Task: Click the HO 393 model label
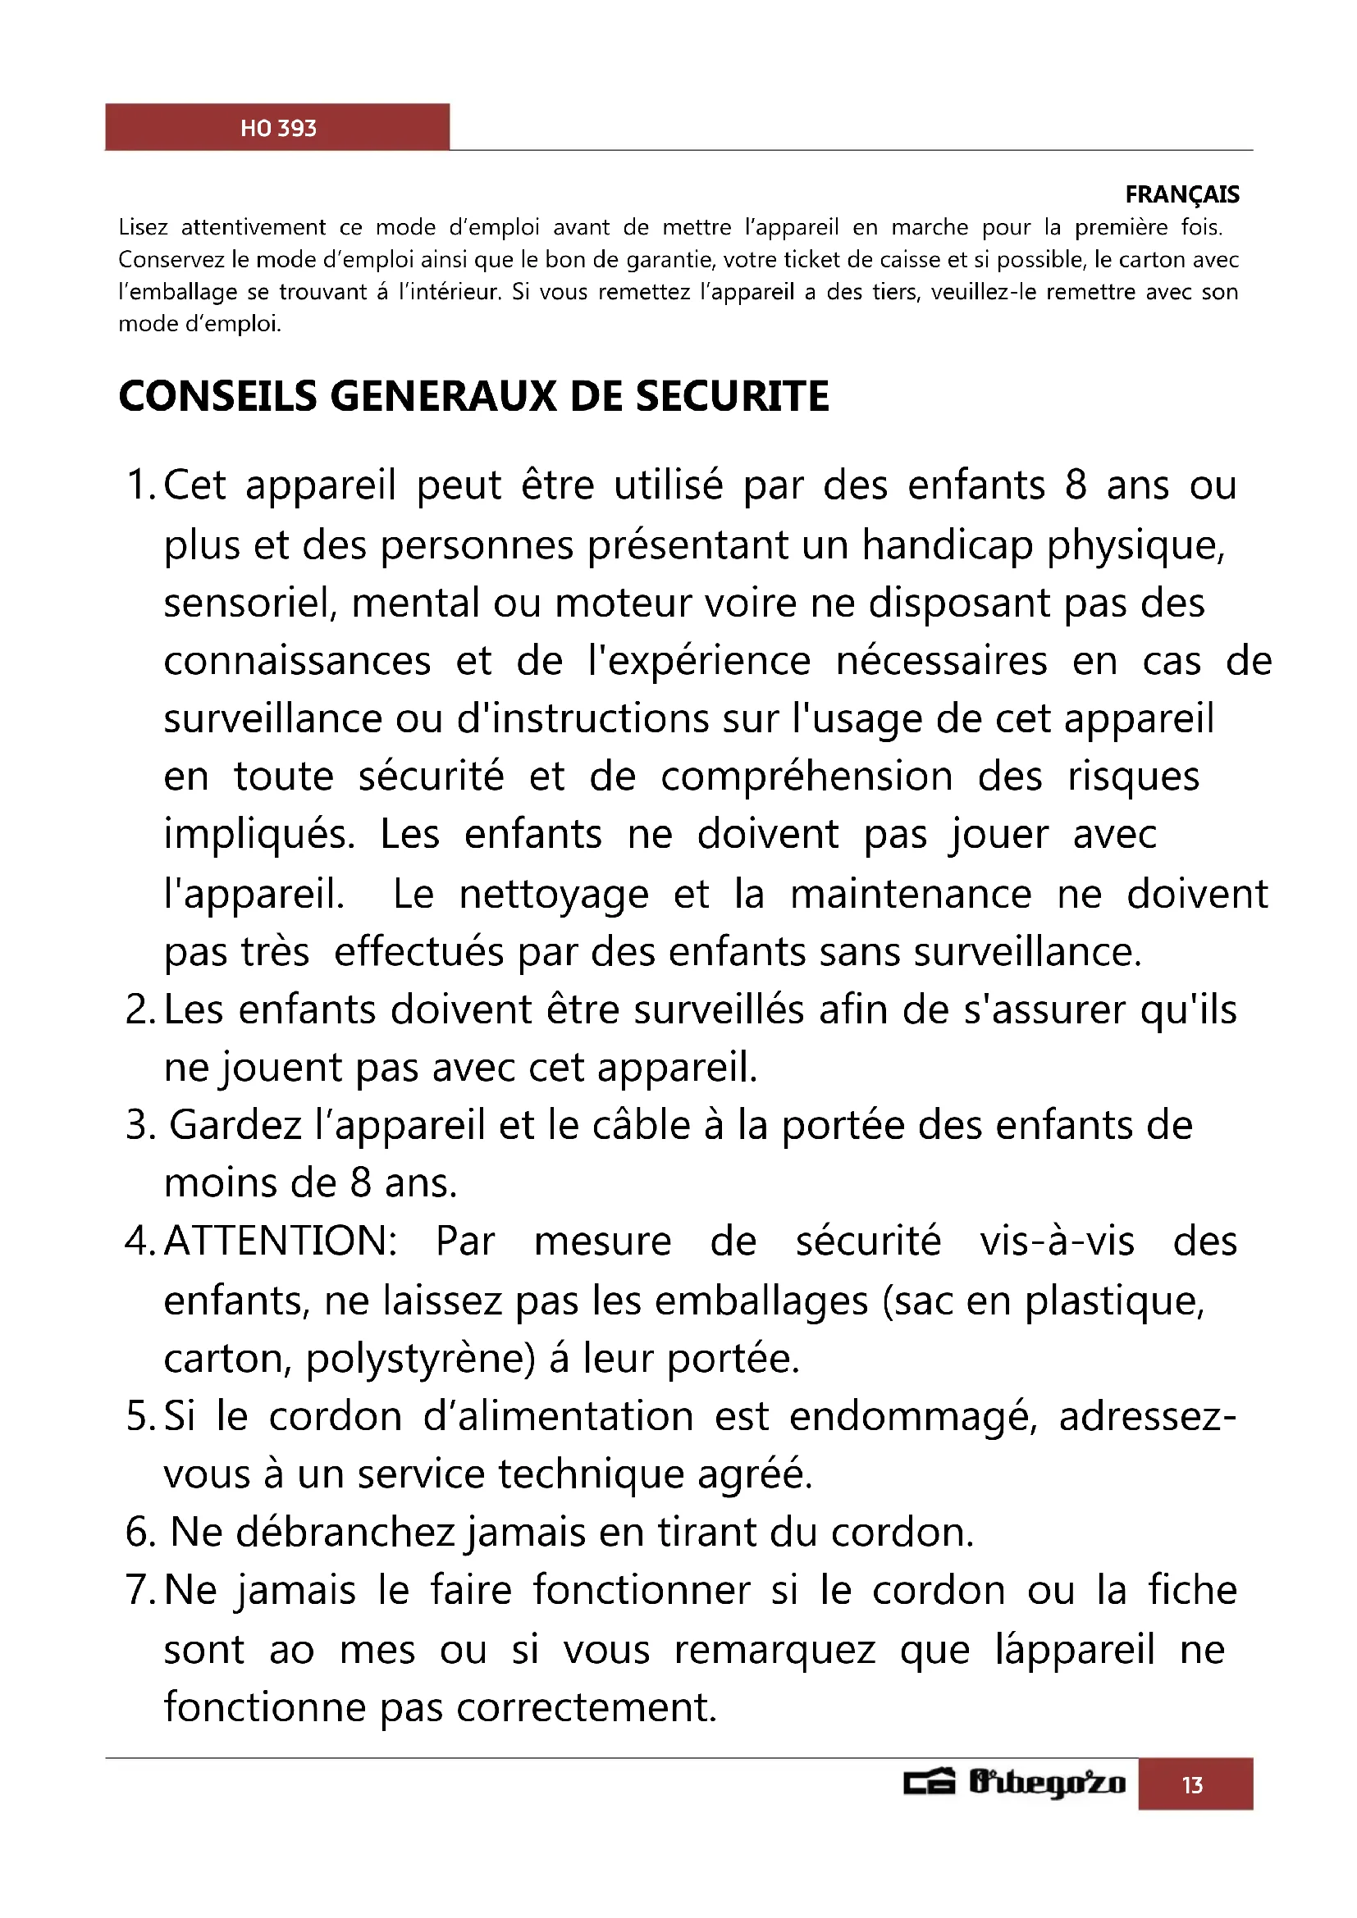coord(278,128)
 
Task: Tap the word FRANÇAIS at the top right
coord(1181,194)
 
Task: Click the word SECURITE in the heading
coord(732,396)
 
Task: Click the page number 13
coord(1192,1785)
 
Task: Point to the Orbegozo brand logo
coord(1014,1783)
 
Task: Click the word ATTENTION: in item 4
coord(281,1241)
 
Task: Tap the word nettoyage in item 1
coord(554,894)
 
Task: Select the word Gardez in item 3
coord(235,1125)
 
